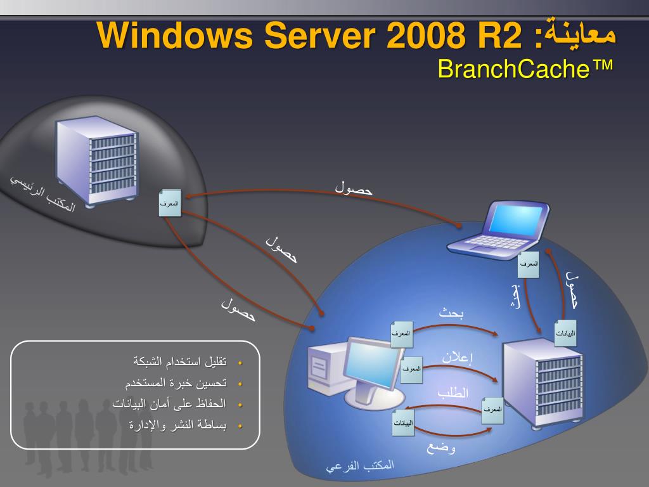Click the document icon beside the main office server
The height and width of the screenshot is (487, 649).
click(170, 203)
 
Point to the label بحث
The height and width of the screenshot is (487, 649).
click(453, 312)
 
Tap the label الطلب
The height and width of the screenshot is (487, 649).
click(453, 393)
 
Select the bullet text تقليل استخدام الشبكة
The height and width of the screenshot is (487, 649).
click(180, 362)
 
